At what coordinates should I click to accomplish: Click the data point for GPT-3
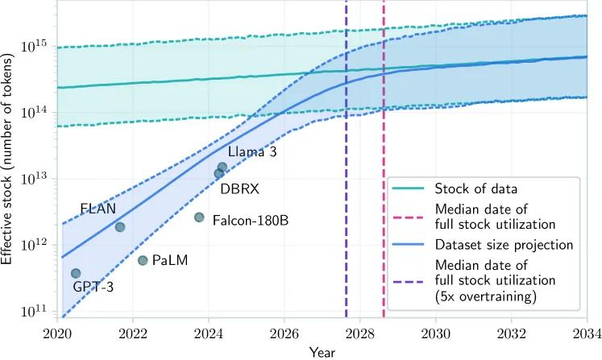point(76,274)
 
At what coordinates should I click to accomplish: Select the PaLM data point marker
point(143,260)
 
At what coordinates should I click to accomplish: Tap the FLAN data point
point(120,227)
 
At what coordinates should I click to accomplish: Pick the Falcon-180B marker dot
point(199,217)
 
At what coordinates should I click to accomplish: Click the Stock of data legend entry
point(470,189)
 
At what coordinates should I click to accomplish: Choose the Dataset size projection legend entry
point(492,244)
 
